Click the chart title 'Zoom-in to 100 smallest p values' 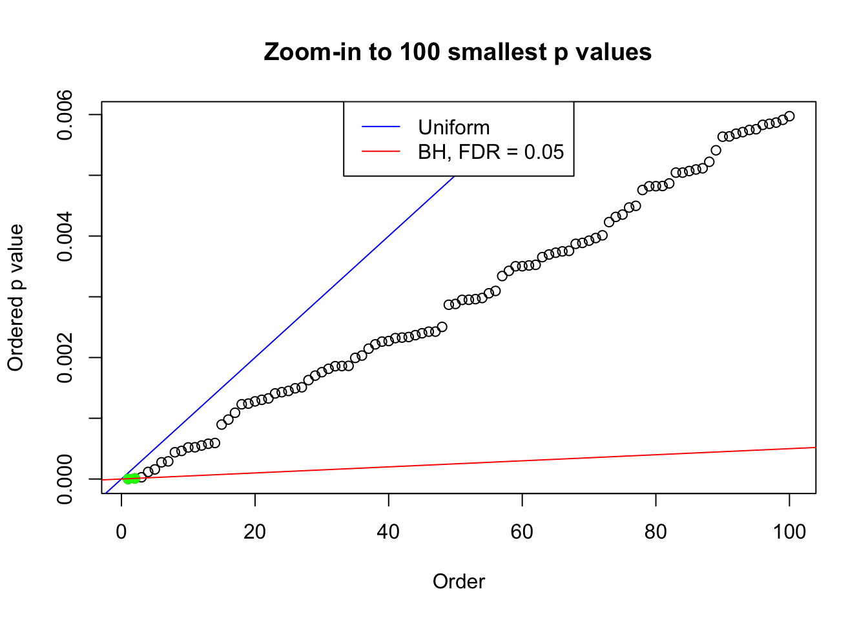[x=457, y=52]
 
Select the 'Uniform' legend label [x=453, y=127]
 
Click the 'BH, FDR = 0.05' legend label [x=491, y=152]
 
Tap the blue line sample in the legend [x=381, y=127]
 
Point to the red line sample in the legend [x=381, y=152]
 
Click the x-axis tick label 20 [x=255, y=532]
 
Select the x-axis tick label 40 [x=389, y=532]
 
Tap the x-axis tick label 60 [x=522, y=532]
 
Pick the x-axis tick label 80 [x=656, y=532]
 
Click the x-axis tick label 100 [x=789, y=532]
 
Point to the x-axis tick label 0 [x=121, y=532]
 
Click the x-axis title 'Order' [x=459, y=581]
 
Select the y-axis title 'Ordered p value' [x=15, y=297]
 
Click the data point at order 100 [x=789, y=116]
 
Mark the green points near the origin [x=131, y=479]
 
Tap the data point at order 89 [x=716, y=150]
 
